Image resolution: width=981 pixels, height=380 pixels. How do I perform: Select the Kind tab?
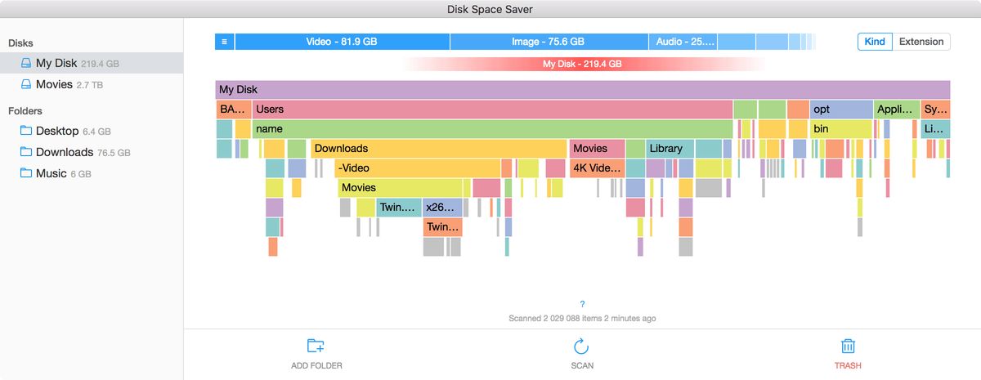pos(875,42)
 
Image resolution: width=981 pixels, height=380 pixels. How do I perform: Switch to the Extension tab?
pos(921,42)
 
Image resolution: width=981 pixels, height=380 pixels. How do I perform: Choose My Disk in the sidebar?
pos(77,63)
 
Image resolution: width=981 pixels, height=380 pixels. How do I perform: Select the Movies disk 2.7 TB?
pos(69,84)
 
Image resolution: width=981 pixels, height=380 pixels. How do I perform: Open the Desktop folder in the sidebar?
pos(65,131)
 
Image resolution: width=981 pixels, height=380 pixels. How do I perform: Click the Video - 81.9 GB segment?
pos(342,42)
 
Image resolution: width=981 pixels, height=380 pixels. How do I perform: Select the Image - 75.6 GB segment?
pos(549,42)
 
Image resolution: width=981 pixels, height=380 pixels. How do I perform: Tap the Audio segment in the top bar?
pos(683,42)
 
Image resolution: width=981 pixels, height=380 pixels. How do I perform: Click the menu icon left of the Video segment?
pos(224,42)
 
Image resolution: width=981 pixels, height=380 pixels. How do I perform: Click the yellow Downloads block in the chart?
pos(438,149)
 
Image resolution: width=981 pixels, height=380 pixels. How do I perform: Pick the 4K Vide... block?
pos(597,168)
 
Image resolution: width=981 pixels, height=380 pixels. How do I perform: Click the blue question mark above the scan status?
pos(581,304)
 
